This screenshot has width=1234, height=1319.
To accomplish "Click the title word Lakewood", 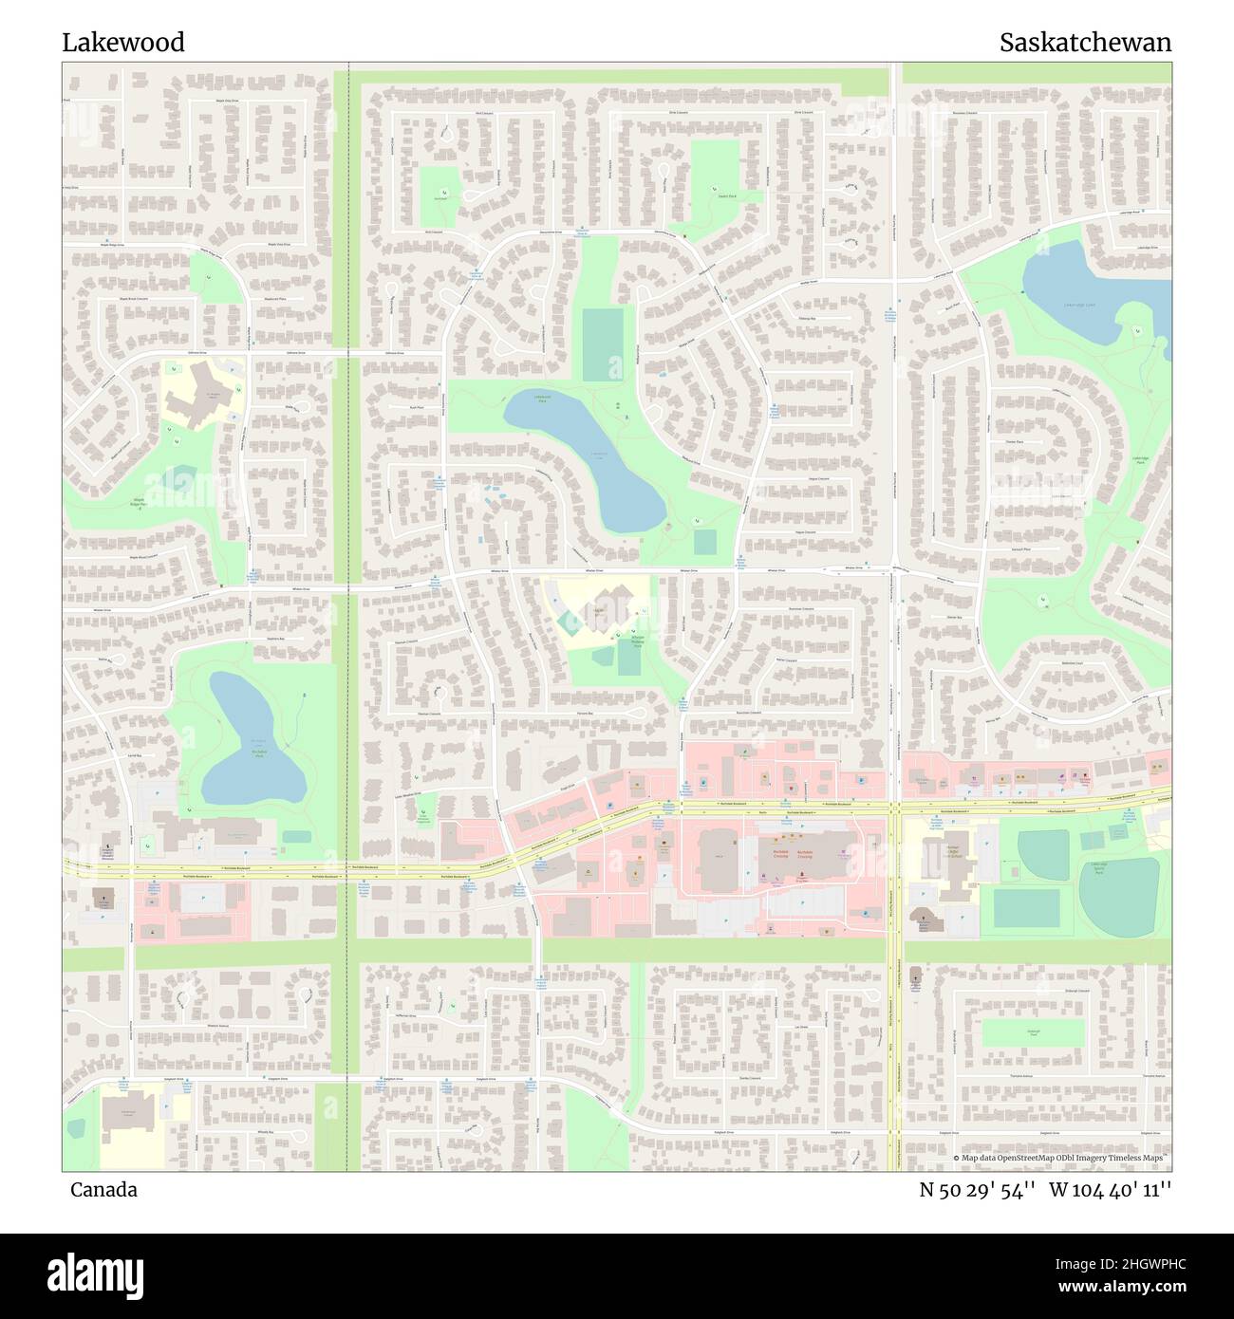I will [123, 43].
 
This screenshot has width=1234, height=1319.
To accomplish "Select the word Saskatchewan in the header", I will [1085, 43].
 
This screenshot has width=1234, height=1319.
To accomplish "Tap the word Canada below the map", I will [103, 1190].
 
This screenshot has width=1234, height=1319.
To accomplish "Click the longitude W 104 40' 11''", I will [1111, 1190].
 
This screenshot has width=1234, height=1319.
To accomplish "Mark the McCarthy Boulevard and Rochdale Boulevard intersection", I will [894, 808].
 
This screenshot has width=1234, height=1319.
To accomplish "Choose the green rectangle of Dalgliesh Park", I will [1033, 1032].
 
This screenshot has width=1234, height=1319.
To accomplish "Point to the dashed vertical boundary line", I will [348, 617].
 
